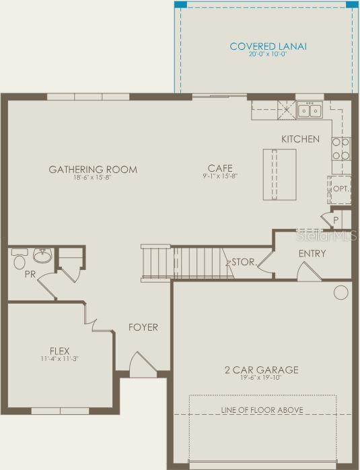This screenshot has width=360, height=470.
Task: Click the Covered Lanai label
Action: [268, 46]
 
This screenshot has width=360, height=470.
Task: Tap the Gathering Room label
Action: [93, 170]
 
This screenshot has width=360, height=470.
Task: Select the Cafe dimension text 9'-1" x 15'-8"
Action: [220, 176]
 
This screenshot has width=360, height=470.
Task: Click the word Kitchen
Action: [300, 139]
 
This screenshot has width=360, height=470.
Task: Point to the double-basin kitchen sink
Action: [310, 110]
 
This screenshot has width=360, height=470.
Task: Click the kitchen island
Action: [279, 174]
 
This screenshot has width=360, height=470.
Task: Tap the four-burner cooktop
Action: [341, 149]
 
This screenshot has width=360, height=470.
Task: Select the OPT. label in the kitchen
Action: [341, 189]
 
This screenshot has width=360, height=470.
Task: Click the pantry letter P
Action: [336, 220]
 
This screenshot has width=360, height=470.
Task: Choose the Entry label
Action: [312, 254]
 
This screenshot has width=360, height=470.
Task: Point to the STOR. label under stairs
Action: [244, 262]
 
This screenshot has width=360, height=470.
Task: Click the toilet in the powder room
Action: [20, 259]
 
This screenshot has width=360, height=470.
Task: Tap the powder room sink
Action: [42, 256]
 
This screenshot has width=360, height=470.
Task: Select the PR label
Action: [30, 274]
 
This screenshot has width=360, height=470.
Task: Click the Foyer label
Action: [143, 327]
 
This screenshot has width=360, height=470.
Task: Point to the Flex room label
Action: [60, 351]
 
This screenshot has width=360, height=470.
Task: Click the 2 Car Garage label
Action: [262, 370]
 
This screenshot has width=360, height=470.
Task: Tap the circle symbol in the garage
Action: [341, 292]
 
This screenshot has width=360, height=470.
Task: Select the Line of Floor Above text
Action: [262, 410]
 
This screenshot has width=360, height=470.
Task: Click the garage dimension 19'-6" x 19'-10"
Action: [261, 378]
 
